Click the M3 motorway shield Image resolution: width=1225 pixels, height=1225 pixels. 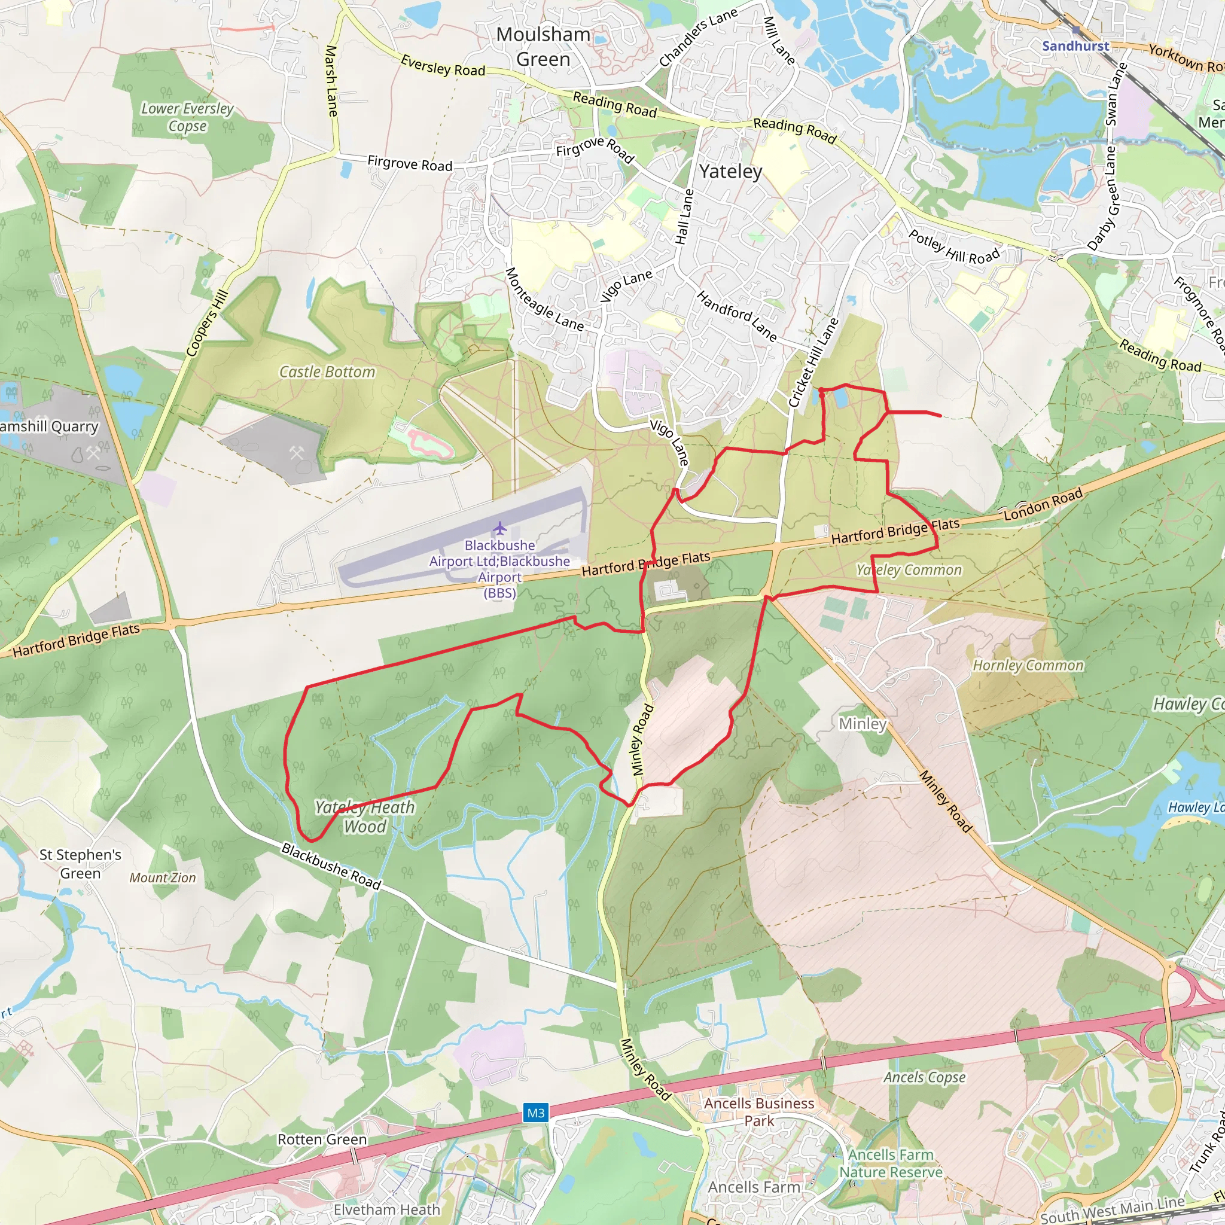(x=536, y=1112)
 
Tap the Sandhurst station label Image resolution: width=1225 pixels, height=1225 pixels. (x=1075, y=45)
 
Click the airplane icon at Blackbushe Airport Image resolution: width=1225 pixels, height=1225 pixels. (x=500, y=528)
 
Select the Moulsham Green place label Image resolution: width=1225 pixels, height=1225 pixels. (x=543, y=46)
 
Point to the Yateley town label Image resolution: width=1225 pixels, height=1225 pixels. (x=730, y=171)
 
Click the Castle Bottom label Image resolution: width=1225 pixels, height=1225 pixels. (x=327, y=371)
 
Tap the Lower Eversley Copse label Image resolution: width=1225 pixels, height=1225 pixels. (x=187, y=117)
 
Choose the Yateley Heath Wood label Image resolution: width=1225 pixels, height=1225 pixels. (x=365, y=816)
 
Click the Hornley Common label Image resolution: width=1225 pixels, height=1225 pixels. (x=1028, y=665)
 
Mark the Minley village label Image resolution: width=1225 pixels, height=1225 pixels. (x=863, y=724)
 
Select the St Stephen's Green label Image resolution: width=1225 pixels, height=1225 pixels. (x=80, y=864)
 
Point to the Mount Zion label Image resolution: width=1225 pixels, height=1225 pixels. (x=162, y=877)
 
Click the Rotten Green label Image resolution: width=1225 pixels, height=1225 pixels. (x=322, y=1139)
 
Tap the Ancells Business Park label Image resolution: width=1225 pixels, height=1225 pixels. (x=759, y=1111)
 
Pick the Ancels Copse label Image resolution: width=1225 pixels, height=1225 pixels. (x=925, y=1077)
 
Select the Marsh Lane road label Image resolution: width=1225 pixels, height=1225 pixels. (x=331, y=81)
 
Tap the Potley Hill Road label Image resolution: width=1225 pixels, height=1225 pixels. (x=954, y=247)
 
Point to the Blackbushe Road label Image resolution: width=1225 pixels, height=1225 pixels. (x=331, y=866)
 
